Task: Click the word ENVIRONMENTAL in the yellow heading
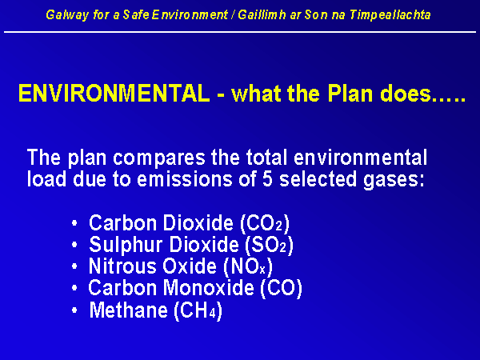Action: click(x=114, y=94)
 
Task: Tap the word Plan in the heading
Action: click(x=350, y=94)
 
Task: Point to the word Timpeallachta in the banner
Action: click(x=390, y=14)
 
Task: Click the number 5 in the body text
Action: click(x=267, y=179)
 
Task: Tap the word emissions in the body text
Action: click(x=185, y=179)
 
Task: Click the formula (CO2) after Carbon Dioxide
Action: click(x=265, y=223)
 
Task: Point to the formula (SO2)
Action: click(x=269, y=245)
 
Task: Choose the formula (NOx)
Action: click(x=248, y=266)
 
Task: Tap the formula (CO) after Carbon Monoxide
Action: click(x=281, y=288)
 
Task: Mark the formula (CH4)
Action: click(x=198, y=310)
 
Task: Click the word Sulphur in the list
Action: click(x=126, y=246)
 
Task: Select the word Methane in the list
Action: click(x=129, y=310)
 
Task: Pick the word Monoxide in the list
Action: click(x=208, y=288)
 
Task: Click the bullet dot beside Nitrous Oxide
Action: click(x=74, y=266)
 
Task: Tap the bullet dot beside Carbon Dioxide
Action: click(x=74, y=223)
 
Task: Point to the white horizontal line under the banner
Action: click(x=240, y=32)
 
